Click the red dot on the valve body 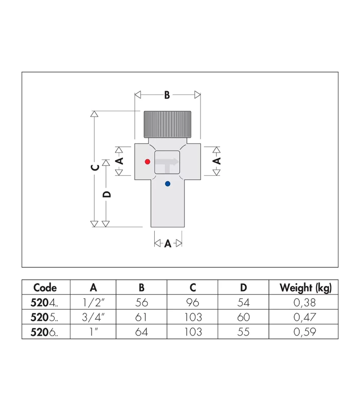148,161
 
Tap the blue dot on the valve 167,183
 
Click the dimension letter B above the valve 167,95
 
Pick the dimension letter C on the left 94,168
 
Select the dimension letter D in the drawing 107,194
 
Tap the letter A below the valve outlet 168,244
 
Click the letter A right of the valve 217,161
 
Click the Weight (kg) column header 305,288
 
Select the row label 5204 45,303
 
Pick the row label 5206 45,332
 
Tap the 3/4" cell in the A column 93,317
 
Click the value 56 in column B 141,303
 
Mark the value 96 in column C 192,303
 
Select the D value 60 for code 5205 243,317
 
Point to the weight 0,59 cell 305,332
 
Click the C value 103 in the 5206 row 192,332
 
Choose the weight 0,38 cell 305,303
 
